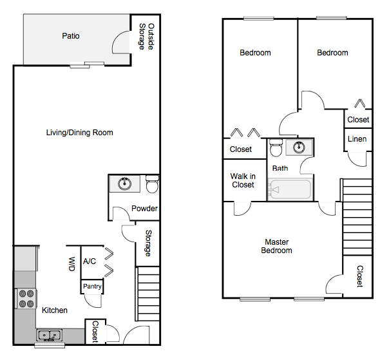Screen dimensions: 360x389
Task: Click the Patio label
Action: pyautogui.click(x=71, y=36)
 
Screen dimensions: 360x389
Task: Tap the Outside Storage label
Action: pyautogui.click(x=147, y=37)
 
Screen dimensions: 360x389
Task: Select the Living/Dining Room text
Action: pyautogui.click(x=80, y=133)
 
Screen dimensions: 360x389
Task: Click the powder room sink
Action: pyautogui.click(x=125, y=184)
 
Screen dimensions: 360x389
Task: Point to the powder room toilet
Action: pyautogui.click(x=152, y=185)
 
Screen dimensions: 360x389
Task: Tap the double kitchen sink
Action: pyautogui.click(x=48, y=335)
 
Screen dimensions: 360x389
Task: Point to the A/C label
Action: pyautogui.click(x=90, y=261)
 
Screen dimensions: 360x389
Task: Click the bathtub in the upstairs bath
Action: pyautogui.click(x=290, y=190)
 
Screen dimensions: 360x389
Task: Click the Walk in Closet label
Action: pyautogui.click(x=243, y=180)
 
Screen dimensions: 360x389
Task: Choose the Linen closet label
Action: pyautogui.click(x=357, y=139)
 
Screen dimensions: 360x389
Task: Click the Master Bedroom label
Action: pyautogui.click(x=276, y=246)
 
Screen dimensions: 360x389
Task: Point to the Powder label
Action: pyautogui.click(x=144, y=209)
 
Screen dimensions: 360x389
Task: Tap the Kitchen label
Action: pyautogui.click(x=55, y=310)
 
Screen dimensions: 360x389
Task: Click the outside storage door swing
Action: pyautogui.click(x=122, y=42)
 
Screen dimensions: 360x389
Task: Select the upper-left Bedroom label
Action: pyautogui.click(x=255, y=53)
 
